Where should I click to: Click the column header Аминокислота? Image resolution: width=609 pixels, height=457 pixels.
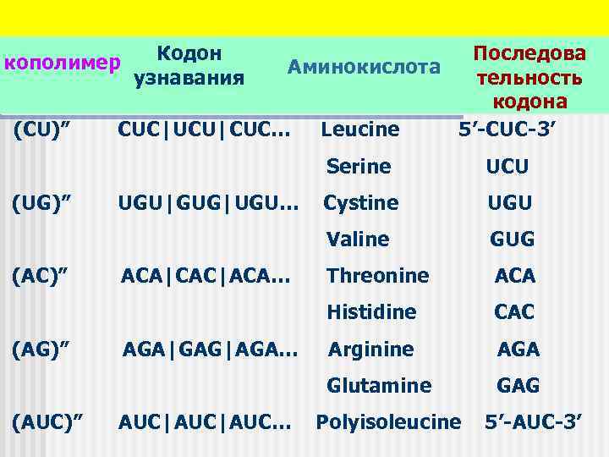click(x=364, y=67)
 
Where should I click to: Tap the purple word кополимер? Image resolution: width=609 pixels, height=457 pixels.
click(x=61, y=63)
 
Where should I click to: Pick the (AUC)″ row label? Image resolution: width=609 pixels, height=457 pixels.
click(x=47, y=421)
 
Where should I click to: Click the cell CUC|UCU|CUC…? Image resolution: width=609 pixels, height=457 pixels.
click(x=206, y=130)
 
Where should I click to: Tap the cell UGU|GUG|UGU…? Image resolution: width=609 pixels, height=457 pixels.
click(x=208, y=203)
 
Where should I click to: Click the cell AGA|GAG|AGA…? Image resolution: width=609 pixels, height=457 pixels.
click(x=210, y=349)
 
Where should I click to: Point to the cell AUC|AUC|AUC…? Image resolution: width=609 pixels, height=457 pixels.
click(x=206, y=421)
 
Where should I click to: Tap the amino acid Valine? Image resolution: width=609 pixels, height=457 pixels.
click(x=358, y=240)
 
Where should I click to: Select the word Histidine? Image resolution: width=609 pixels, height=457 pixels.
click(x=371, y=312)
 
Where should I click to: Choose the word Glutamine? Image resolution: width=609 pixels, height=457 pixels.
click(x=379, y=385)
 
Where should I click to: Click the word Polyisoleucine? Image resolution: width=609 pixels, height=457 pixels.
click(x=388, y=421)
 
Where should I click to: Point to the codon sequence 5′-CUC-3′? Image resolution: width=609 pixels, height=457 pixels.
click(x=507, y=130)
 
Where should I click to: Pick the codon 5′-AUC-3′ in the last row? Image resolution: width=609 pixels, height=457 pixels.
click(x=533, y=421)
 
